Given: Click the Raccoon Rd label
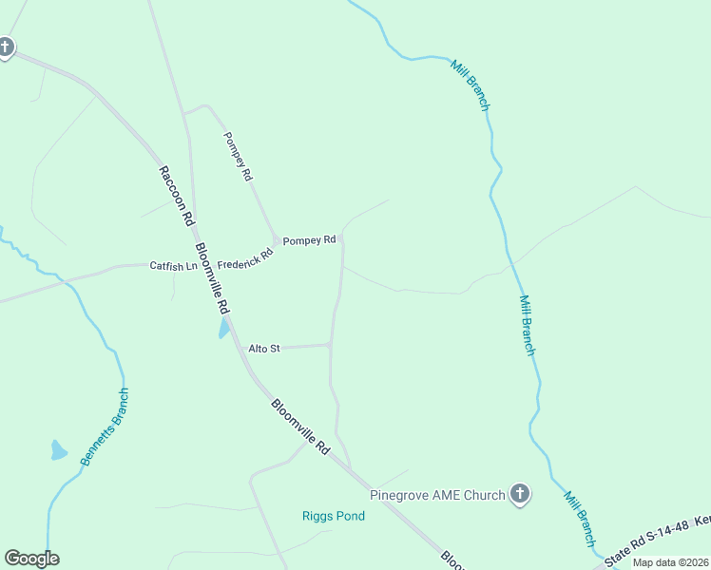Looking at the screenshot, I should click(x=177, y=196).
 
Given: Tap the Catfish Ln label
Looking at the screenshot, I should click(x=173, y=266).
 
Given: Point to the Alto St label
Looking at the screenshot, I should click(x=264, y=349).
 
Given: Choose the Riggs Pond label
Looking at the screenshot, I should click(x=334, y=516).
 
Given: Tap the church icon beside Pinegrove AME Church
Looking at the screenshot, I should click(x=519, y=493).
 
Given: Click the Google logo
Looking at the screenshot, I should click(x=31, y=559).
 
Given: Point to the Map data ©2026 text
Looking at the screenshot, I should click(x=670, y=562).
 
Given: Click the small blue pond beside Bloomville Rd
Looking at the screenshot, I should click(x=224, y=329).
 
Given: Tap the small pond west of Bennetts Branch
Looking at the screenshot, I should click(x=59, y=450).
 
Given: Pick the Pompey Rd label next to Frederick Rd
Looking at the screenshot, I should click(x=310, y=240).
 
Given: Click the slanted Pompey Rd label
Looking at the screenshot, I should click(x=238, y=156).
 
